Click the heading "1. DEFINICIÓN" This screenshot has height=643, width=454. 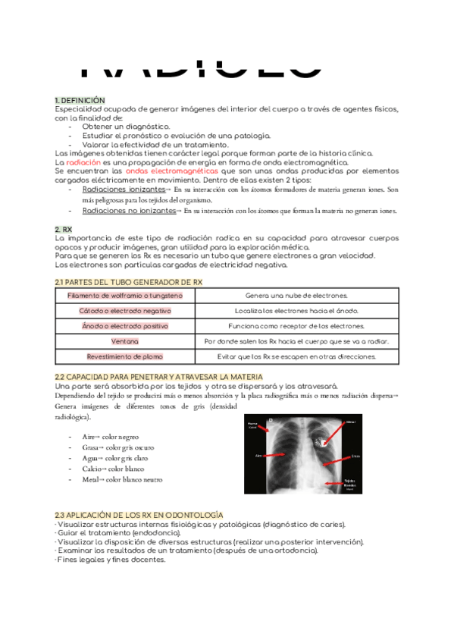(80, 100)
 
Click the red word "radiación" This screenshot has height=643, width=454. (83, 162)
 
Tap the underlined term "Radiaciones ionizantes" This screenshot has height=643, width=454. (123, 190)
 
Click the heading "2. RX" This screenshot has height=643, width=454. (64, 228)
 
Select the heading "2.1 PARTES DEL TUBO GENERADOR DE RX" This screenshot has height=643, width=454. (129, 282)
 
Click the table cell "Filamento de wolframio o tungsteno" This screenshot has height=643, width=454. (124, 295)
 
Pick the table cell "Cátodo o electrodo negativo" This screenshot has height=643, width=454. (124, 311)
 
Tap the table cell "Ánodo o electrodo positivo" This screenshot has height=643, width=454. (124, 326)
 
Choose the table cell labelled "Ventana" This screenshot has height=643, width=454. (124, 341)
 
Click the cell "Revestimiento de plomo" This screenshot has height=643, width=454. (124, 356)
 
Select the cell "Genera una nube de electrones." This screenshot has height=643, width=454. (296, 295)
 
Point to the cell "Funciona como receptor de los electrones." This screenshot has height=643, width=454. (296, 326)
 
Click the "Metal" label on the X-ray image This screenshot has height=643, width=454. (350, 422)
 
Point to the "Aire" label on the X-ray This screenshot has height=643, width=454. (258, 456)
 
